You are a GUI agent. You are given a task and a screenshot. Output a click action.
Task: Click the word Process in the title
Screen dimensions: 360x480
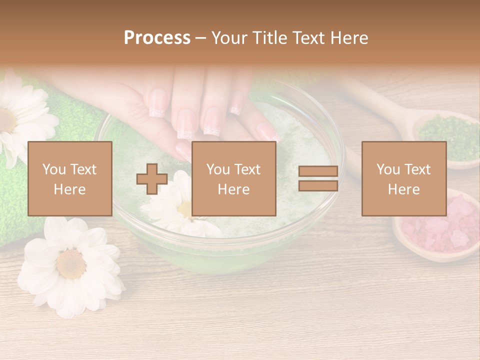pos(157,38)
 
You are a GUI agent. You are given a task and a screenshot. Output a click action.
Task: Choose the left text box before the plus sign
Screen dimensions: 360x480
pos(70,179)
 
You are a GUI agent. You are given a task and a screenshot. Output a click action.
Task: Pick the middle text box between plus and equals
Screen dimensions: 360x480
pos(234,179)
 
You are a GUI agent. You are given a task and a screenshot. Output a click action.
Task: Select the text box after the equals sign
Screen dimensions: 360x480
pos(404,179)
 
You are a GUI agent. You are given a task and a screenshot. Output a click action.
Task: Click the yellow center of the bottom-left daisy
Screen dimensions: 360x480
pos(70,263)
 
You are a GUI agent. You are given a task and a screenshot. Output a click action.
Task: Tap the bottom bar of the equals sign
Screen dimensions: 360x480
pos(318,186)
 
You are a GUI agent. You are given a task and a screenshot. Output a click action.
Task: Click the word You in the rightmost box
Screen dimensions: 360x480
pos(388,169)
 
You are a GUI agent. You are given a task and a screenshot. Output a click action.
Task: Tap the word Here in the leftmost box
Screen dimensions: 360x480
pos(70,189)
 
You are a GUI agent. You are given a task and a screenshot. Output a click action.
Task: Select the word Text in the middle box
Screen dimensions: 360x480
pos(248,169)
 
